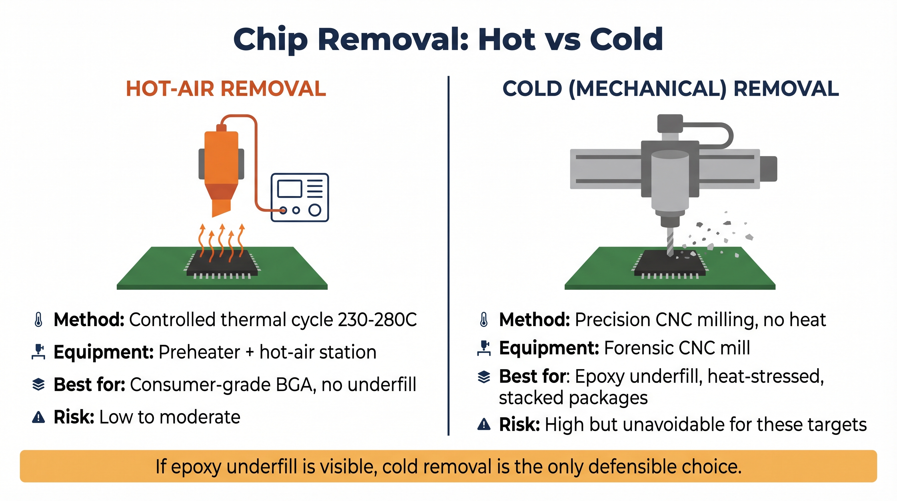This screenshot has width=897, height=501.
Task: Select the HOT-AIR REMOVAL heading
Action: click(226, 88)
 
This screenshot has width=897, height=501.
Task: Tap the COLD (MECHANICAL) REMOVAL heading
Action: click(671, 88)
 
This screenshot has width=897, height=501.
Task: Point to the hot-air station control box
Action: click(300, 197)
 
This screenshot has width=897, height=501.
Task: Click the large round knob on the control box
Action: click(315, 210)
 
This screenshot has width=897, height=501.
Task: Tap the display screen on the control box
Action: click(289, 189)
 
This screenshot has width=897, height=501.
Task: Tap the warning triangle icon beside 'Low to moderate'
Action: click(38, 417)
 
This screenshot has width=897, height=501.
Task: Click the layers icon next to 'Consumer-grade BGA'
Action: click(38, 385)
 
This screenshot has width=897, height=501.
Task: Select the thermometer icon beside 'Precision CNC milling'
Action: click(484, 319)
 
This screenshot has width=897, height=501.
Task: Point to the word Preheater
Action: click(199, 352)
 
